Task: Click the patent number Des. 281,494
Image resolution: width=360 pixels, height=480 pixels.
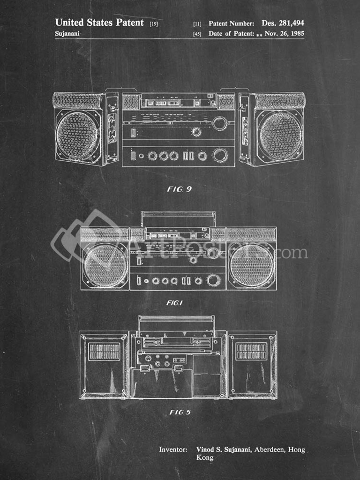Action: [x=283, y=23]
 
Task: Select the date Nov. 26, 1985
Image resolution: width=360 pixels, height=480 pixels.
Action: [x=284, y=33]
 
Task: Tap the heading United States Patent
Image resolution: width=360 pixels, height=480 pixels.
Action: [x=99, y=22]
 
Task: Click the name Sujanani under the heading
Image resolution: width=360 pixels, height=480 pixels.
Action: [x=67, y=34]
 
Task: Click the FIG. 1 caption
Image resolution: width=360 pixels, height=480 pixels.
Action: [x=174, y=303]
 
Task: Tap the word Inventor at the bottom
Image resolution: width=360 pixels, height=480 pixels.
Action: [x=173, y=450]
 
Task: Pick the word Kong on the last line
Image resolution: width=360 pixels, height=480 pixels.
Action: [x=204, y=457]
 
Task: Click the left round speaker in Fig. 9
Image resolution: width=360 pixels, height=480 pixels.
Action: [x=77, y=135]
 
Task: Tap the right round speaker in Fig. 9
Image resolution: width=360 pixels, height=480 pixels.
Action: [x=280, y=135]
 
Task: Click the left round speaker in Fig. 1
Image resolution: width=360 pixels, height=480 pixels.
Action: [x=105, y=266]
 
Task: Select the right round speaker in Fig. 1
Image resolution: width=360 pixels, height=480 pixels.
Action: [x=252, y=266]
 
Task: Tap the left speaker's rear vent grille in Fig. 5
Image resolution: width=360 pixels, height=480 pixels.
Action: [x=105, y=351]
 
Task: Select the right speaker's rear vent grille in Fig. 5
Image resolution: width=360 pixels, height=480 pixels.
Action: [x=251, y=351]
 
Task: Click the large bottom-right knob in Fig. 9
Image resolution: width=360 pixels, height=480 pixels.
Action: [x=220, y=155]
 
